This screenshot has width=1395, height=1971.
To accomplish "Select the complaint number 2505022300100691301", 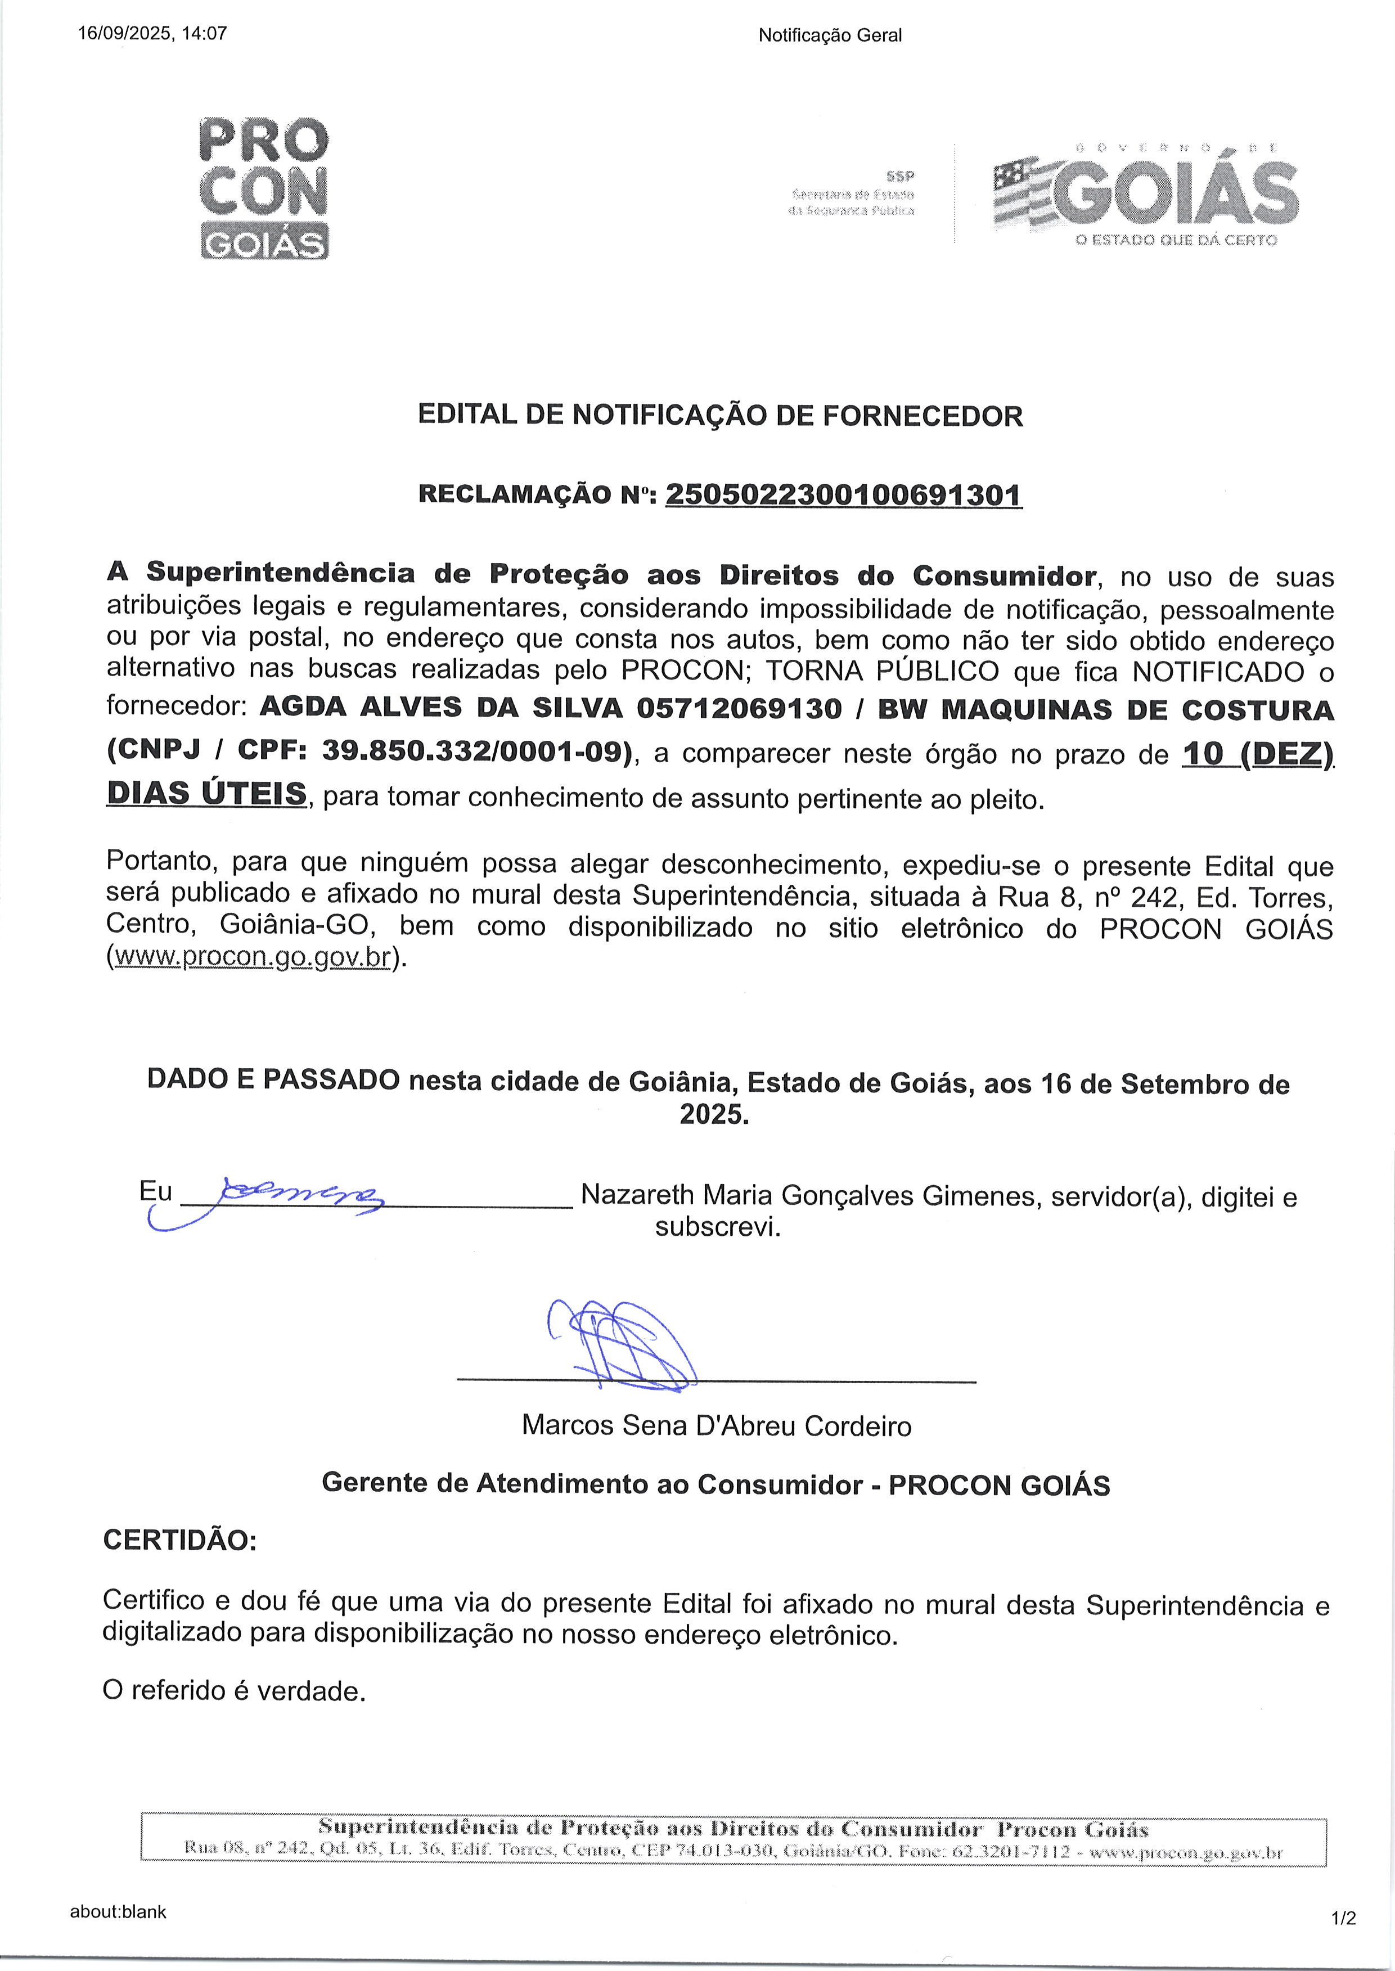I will [x=844, y=496].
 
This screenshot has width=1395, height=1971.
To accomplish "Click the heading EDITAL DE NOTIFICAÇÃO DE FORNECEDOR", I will [x=720, y=416].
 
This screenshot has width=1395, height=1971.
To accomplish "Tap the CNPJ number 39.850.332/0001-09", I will [x=471, y=751].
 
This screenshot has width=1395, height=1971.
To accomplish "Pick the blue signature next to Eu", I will [x=283, y=1195].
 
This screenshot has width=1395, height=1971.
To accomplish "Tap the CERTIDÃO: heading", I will [x=179, y=1540].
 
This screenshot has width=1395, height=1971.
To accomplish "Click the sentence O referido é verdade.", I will [x=233, y=1691].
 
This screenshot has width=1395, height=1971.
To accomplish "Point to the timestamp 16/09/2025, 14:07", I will [x=152, y=34].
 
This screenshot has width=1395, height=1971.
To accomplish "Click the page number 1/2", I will [x=1343, y=1918].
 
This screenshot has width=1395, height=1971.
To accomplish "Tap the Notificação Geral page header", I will [x=830, y=35].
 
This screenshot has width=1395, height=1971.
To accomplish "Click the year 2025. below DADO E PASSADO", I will [x=714, y=1115].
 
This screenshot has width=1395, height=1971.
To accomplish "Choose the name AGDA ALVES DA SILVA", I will [x=440, y=709].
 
